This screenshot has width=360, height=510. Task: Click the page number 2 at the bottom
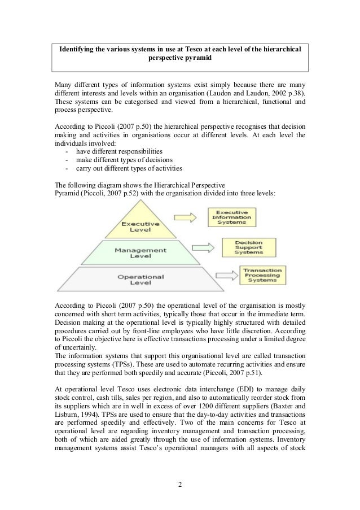coord(179,483)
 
